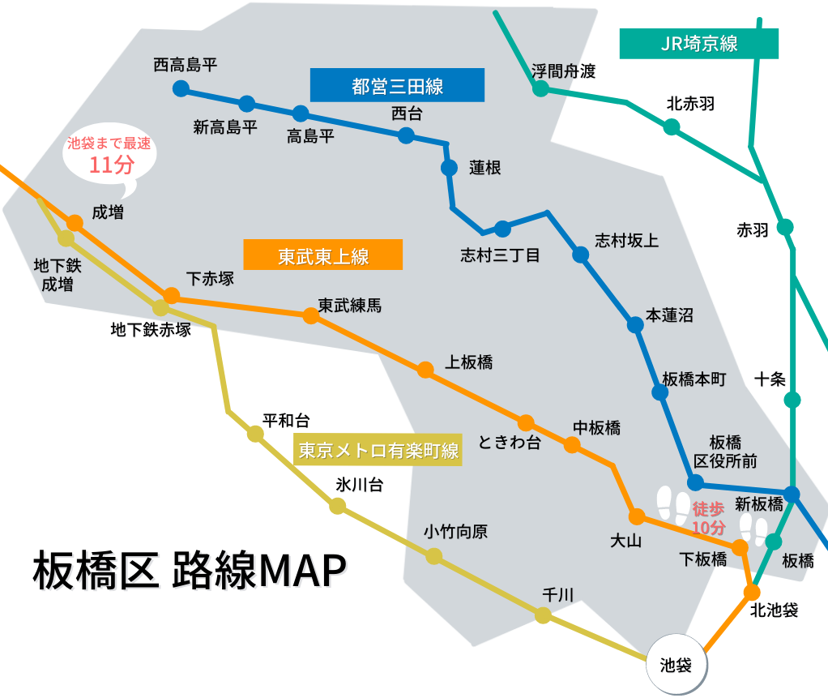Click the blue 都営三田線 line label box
coord(397,85)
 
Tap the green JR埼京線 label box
coord(698,43)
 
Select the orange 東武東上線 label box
coord(322,255)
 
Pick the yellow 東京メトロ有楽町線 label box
coord(378,450)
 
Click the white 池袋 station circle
coord(676,664)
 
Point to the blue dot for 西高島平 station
coord(181,88)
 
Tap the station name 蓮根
coord(484,168)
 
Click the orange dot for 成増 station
coord(75,223)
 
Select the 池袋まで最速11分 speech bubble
coord(109,159)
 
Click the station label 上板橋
coord(468,362)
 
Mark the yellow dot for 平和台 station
coord(255,434)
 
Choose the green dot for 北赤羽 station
coord(672,126)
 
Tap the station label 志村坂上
coord(627,241)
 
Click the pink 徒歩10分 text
coord(709,518)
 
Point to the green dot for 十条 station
coord(792,400)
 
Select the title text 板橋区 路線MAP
coord(190,570)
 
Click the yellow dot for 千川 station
coord(543,615)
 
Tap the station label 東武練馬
coord(349,306)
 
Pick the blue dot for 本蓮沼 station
coord(635,324)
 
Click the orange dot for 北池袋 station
coord(752,593)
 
